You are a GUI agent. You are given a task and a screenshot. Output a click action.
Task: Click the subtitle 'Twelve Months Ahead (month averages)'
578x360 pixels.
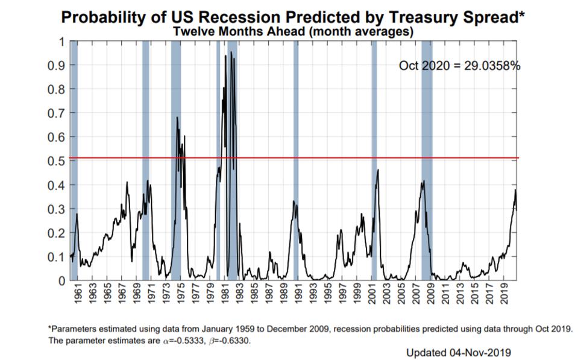(294, 32)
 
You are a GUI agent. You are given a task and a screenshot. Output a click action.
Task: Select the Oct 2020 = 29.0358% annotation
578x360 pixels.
(459, 65)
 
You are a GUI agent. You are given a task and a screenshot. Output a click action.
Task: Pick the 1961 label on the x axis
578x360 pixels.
(78, 297)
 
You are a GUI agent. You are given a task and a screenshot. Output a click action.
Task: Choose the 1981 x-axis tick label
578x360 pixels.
(224, 297)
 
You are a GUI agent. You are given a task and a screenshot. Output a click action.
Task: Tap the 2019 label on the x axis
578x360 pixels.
(505, 297)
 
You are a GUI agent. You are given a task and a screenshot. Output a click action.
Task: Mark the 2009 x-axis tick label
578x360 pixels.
(431, 297)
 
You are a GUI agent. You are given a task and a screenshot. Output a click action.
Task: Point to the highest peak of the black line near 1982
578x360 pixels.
(231, 52)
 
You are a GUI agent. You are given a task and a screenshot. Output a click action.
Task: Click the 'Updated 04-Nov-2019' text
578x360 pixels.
(458, 352)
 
